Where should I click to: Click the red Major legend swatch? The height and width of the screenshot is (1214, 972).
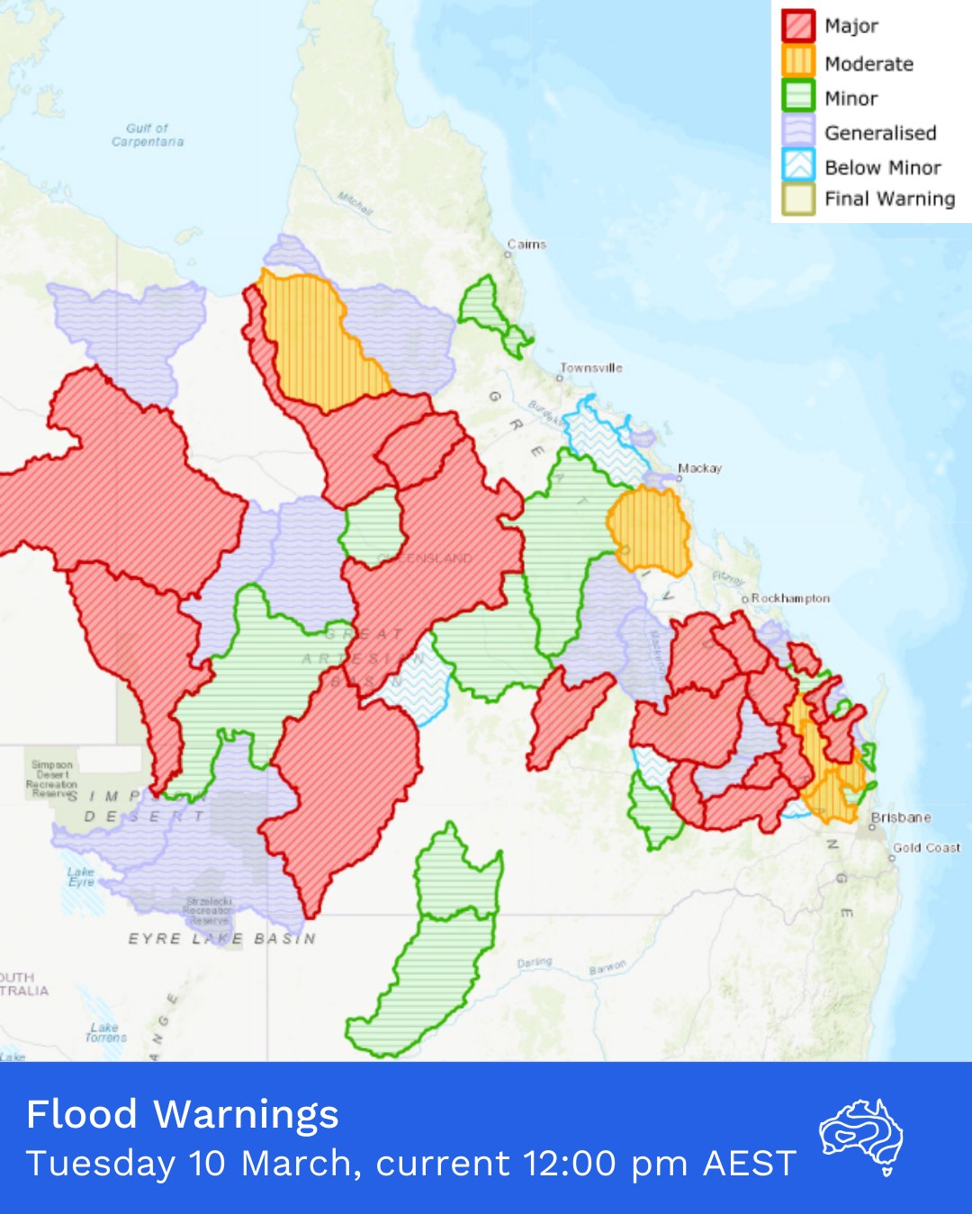tap(797, 25)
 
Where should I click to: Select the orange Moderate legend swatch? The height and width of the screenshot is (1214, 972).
tap(797, 62)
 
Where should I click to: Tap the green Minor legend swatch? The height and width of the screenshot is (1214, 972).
tap(797, 97)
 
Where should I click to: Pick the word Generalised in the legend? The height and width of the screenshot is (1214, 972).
tap(879, 133)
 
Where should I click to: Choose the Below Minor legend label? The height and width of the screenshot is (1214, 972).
tap(882, 167)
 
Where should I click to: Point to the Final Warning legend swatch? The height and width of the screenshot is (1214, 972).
tap(797, 199)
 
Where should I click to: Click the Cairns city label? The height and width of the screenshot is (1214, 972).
tap(526, 244)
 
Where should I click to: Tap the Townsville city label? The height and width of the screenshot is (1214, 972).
tap(591, 368)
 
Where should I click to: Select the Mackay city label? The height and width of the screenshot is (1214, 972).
tap(699, 468)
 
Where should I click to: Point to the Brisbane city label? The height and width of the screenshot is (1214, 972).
tap(900, 817)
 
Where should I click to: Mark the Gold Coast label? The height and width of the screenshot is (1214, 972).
tap(926, 847)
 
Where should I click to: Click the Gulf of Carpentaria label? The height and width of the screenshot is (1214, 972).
tap(148, 135)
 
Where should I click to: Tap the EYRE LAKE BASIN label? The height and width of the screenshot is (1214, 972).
tap(221, 938)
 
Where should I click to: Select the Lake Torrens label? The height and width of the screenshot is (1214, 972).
tap(105, 1032)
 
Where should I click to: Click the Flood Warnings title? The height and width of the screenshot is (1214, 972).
tap(183, 1114)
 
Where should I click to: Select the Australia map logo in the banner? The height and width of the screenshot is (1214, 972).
tap(861, 1136)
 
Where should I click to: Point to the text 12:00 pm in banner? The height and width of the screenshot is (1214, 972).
tap(607, 1164)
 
